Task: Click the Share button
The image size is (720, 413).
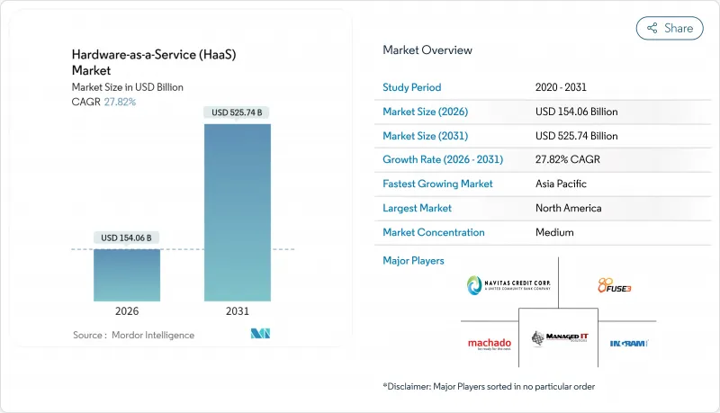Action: click(x=670, y=28)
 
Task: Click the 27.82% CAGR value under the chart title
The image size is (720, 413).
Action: click(x=119, y=102)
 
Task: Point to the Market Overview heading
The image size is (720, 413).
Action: click(x=427, y=50)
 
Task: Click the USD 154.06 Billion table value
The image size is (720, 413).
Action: click(x=576, y=112)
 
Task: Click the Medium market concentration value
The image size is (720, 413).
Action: click(x=554, y=232)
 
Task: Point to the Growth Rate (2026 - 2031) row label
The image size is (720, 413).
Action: click(x=443, y=159)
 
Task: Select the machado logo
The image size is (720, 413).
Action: click(x=490, y=343)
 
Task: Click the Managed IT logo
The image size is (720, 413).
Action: click(x=558, y=339)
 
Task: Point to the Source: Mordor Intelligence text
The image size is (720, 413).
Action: click(x=133, y=335)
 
